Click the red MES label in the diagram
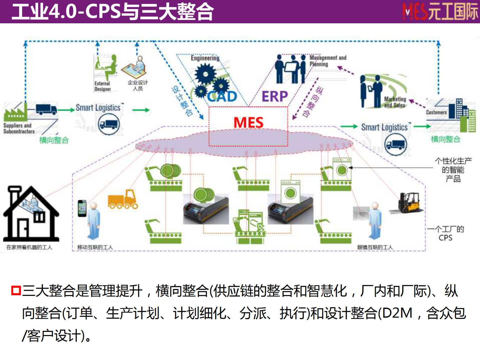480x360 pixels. point(248,123)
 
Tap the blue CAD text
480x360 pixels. point(222,97)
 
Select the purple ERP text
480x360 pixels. point(275,97)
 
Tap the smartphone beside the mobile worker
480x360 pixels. point(82,208)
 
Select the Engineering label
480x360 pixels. point(205,58)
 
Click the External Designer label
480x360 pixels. point(103,86)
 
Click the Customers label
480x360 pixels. point(436,112)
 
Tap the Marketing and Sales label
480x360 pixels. point(395,102)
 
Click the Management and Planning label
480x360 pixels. point(328,61)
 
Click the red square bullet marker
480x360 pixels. point(16,290)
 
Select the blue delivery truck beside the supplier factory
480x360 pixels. point(46,109)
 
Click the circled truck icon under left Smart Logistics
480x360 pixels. point(109,124)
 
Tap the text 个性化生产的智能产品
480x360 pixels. point(453,170)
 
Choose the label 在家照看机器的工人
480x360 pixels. point(29,247)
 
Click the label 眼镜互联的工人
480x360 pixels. point(375,247)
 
